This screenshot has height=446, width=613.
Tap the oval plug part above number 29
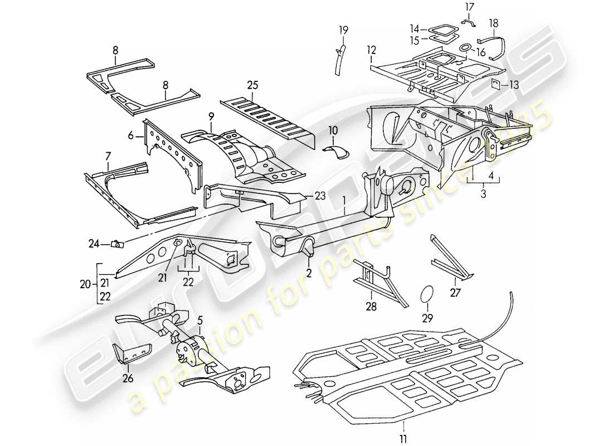pos(427,295)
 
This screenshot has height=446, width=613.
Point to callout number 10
pos(333,130)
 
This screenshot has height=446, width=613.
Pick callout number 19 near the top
pos(344,30)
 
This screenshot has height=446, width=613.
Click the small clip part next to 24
pos(118,243)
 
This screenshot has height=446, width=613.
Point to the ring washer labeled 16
pos(463,51)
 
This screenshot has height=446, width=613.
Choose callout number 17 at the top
pos(468,7)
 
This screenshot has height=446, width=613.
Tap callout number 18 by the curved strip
pos(494,23)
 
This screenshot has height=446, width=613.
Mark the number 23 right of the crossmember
pos(319,196)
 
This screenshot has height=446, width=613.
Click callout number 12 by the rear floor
pos(371,50)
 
